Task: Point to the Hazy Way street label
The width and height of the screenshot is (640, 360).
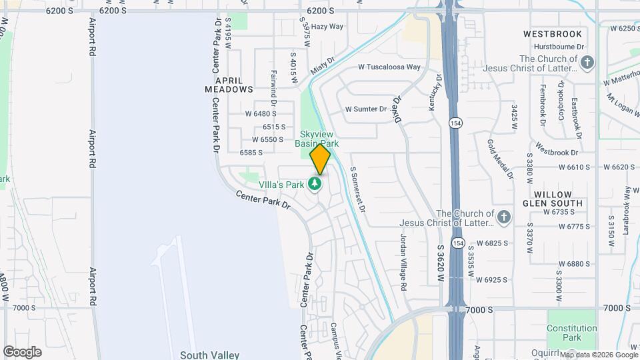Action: (327, 27)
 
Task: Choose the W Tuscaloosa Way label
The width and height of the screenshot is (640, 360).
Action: (389, 67)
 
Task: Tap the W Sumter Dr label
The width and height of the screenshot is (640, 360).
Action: (365, 109)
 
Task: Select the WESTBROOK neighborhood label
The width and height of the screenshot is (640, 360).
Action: (553, 34)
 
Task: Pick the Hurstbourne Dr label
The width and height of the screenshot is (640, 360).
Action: (559, 47)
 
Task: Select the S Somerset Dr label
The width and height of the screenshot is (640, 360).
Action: (357, 190)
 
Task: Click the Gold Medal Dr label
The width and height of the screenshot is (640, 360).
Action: (500, 159)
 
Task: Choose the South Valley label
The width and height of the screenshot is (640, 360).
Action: (209, 355)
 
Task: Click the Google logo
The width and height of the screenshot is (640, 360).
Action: (22, 351)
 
